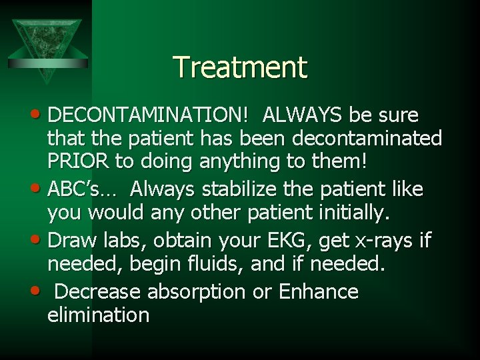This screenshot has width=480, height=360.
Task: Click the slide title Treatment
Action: [240, 67]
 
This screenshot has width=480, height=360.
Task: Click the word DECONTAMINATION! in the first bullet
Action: [157, 115]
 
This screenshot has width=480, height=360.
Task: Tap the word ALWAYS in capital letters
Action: [303, 115]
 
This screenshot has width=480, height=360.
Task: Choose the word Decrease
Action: [98, 291]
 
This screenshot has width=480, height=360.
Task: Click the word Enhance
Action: [319, 291]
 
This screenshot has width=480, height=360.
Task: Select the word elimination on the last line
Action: [98, 314]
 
